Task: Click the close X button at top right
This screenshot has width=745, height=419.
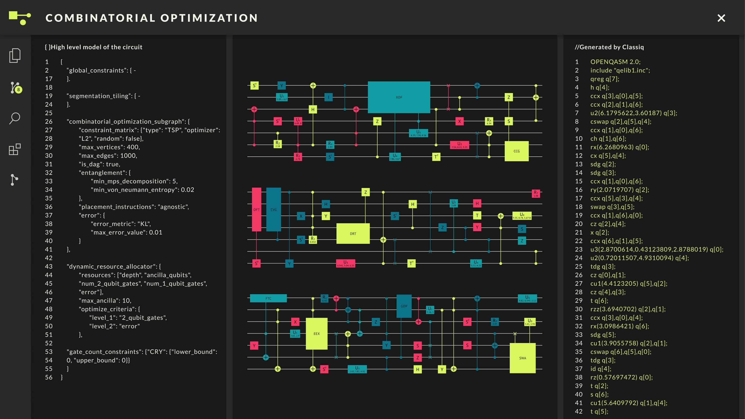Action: coord(721,18)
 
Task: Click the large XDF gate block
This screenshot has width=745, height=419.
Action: coord(399,97)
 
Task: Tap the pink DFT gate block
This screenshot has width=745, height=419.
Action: coord(256,209)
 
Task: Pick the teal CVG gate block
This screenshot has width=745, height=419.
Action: coord(273,209)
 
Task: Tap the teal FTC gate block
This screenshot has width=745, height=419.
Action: coord(268,298)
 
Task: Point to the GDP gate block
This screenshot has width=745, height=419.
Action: coord(404,306)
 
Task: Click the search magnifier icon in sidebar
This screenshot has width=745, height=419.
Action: coord(14,118)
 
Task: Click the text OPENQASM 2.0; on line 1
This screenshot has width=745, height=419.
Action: coord(615,62)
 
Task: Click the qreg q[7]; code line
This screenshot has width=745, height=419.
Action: coord(604,79)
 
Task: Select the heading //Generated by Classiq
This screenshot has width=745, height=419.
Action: coord(609,47)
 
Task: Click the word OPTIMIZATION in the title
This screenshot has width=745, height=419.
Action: coord(209,18)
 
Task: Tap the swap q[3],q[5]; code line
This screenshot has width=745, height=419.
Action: coord(612,207)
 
